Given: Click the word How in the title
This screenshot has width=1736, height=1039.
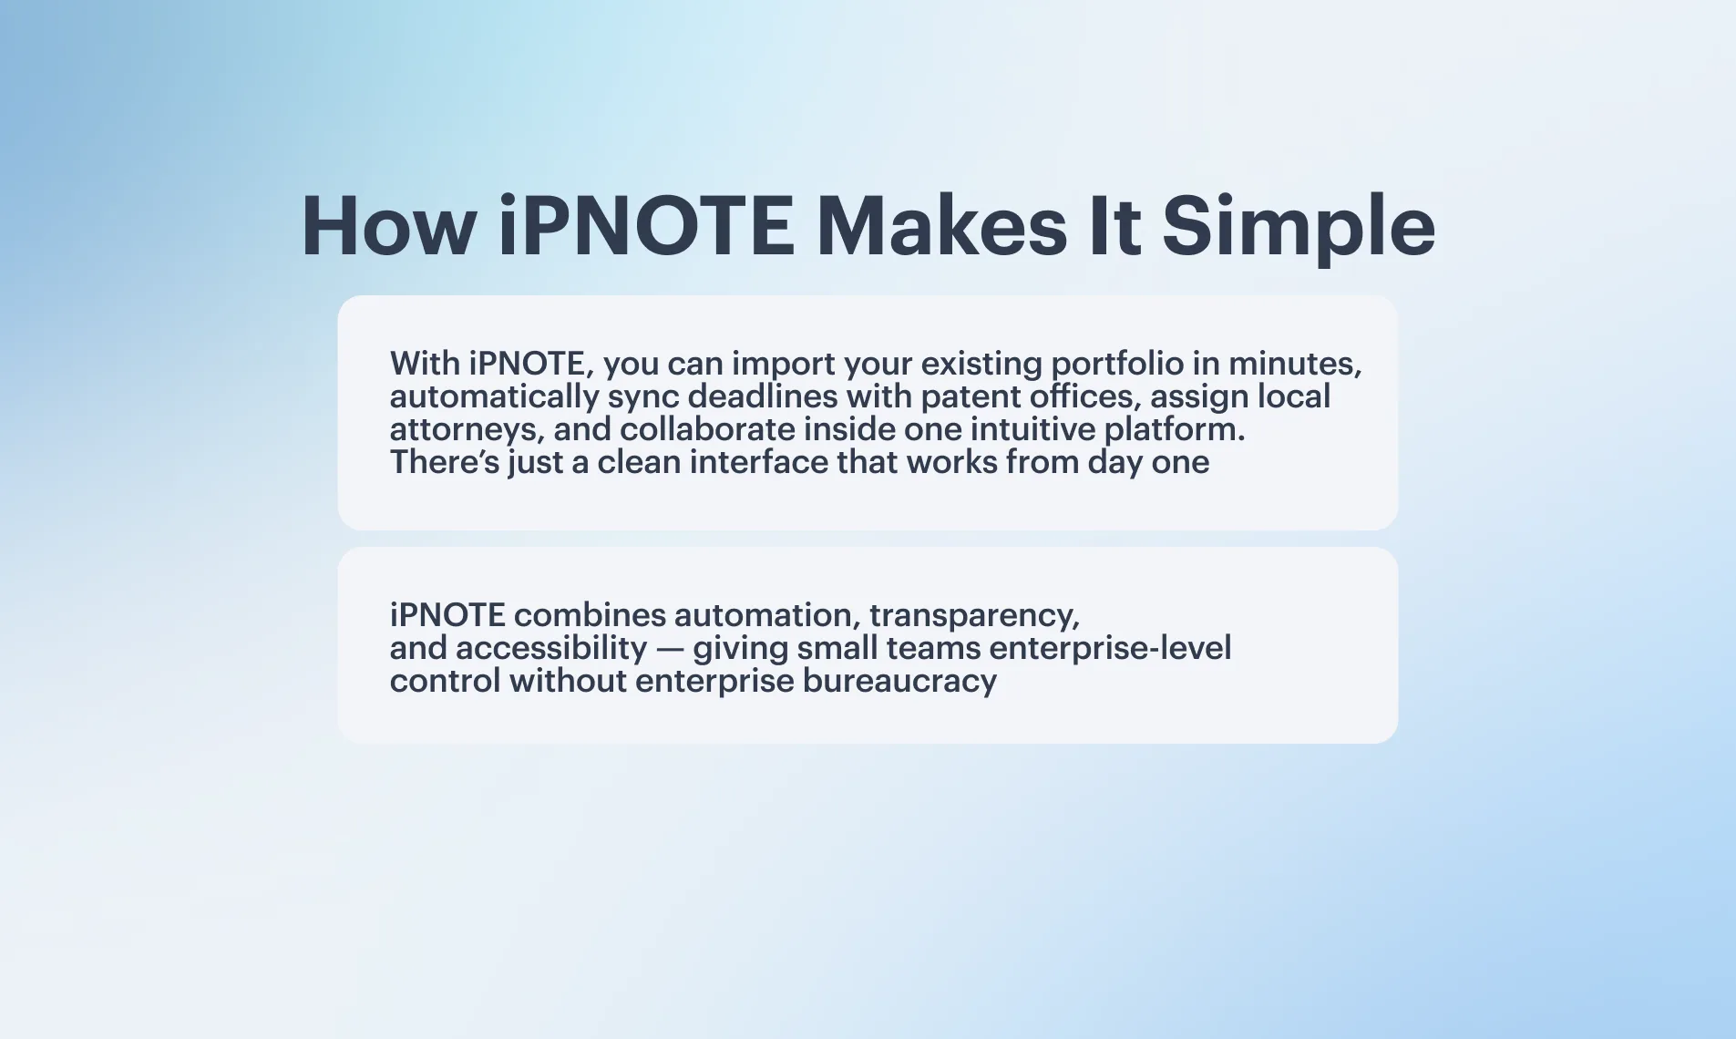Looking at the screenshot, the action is pyautogui.click(x=388, y=225).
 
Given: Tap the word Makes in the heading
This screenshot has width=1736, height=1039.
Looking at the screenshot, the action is pyautogui.click(x=941, y=225).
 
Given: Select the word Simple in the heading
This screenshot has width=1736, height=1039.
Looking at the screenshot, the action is pyautogui.click(x=1299, y=228).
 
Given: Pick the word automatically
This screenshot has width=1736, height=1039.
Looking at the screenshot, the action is pyautogui.click(x=494, y=397).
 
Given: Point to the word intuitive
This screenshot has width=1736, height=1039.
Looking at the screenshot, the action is pyautogui.click(x=1033, y=429).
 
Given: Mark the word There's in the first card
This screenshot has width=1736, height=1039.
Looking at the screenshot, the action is pyautogui.click(x=445, y=462).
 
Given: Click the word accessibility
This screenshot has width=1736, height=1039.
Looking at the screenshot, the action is pyautogui.click(x=551, y=649).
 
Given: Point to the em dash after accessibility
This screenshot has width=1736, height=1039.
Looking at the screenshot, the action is pyautogui.click(x=670, y=649).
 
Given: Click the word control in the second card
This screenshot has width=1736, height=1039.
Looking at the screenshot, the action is pyautogui.click(x=446, y=681).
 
